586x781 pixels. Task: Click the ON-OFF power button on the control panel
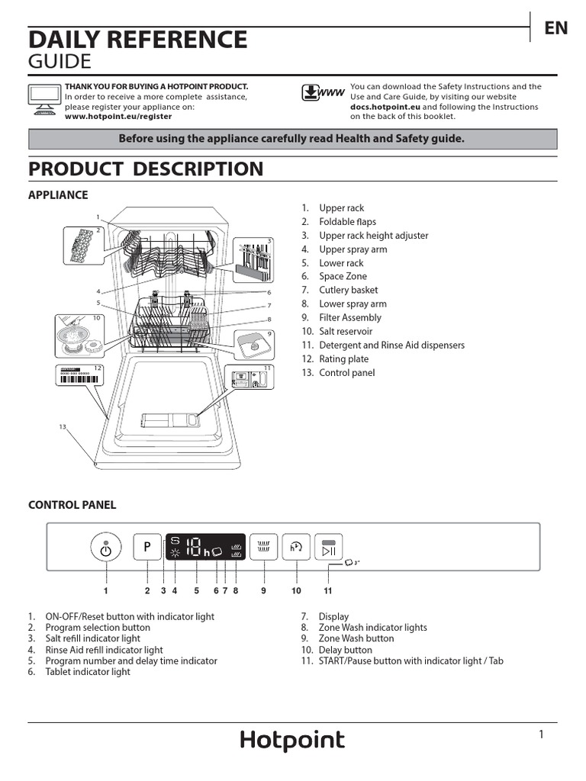pyautogui.click(x=105, y=548)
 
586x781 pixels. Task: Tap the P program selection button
pyautogui.click(x=147, y=547)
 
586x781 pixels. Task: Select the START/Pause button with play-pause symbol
pyautogui.click(x=328, y=548)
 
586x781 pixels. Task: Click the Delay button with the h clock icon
pyautogui.click(x=296, y=547)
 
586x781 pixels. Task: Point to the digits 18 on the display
pyautogui.click(x=194, y=547)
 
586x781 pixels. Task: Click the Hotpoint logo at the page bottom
pyautogui.click(x=292, y=741)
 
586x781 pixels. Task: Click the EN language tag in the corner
pyautogui.click(x=555, y=28)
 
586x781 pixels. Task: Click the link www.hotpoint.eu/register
pyautogui.click(x=118, y=117)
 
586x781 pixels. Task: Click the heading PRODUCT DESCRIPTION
pyautogui.click(x=146, y=169)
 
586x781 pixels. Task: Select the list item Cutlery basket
pyautogui.click(x=348, y=290)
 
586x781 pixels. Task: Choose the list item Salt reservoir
pyautogui.click(x=346, y=331)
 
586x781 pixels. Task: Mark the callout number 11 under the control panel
pyautogui.click(x=327, y=590)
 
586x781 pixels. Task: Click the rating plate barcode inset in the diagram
pyautogui.click(x=79, y=374)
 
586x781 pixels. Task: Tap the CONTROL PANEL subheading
pyautogui.click(x=72, y=505)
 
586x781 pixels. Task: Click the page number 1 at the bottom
pyautogui.click(x=541, y=734)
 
